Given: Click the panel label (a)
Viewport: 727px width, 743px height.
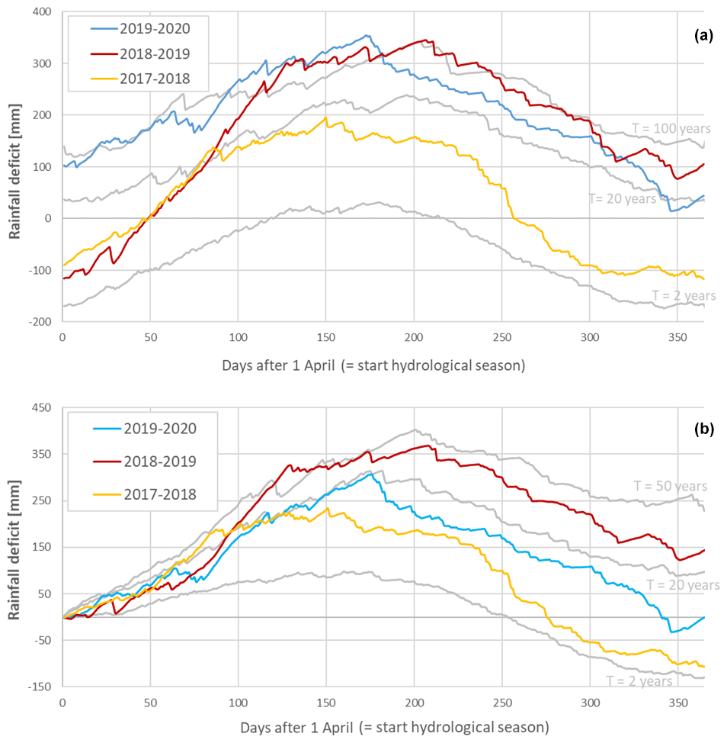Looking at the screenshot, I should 703,36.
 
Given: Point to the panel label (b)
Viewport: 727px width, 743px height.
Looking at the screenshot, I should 703,429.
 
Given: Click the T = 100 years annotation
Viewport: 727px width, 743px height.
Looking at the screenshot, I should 671,128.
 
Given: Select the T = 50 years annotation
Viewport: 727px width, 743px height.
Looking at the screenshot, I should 671,486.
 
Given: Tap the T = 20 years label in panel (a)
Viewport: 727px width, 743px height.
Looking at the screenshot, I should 622,198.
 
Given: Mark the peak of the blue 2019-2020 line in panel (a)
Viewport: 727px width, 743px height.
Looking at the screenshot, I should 367,35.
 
